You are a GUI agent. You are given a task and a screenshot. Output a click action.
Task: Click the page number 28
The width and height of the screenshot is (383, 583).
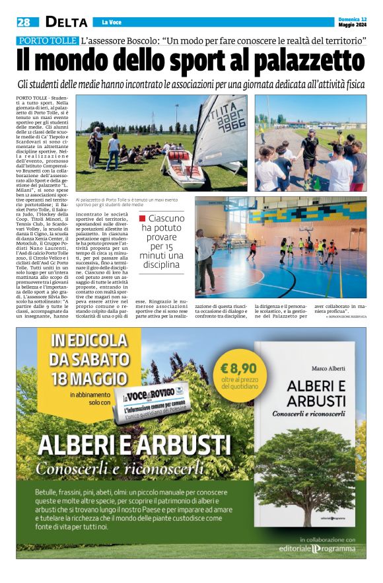[x=24, y=22]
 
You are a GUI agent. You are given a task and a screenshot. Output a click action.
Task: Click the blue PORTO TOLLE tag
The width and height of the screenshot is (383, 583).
[x=48, y=41]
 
